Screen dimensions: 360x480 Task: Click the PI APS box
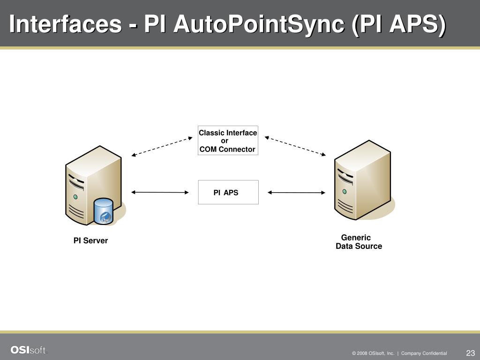click(228, 192)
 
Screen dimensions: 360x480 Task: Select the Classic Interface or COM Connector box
click(228, 141)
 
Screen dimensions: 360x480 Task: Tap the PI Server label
click(90, 240)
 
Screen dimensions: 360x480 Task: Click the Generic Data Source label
click(359, 242)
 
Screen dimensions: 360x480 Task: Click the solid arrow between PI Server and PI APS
click(160, 192)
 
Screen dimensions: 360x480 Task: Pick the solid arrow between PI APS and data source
click(296, 192)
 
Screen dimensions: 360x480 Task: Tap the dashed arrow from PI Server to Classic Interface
click(162, 146)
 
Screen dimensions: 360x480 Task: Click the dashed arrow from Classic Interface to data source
click(295, 146)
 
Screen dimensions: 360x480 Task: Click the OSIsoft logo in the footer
click(29, 350)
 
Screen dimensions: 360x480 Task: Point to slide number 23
click(471, 353)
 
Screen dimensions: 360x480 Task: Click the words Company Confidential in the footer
click(424, 353)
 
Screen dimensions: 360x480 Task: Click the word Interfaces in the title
click(65, 24)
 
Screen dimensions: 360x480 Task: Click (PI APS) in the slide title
click(398, 24)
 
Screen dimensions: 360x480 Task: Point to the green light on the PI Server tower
click(75, 197)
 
